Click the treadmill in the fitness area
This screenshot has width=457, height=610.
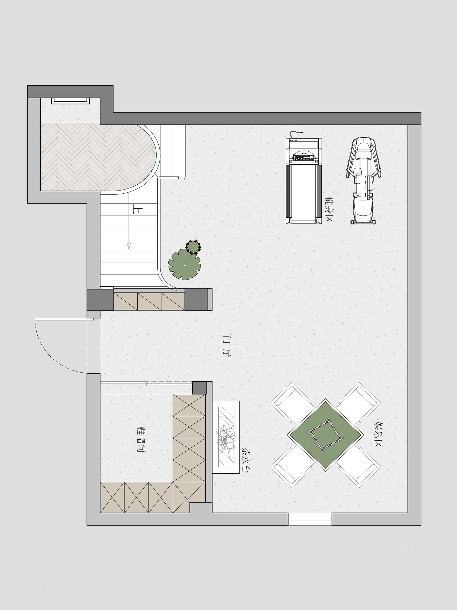coord(304,179)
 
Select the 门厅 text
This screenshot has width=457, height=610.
coord(226,346)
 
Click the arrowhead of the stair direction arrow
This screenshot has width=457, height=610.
coord(129,246)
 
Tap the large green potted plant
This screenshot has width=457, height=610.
coord(184,264)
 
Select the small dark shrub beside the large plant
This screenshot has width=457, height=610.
coord(193,247)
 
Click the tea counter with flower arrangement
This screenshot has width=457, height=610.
coord(226,437)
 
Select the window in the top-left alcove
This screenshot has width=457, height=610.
coord(71,101)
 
